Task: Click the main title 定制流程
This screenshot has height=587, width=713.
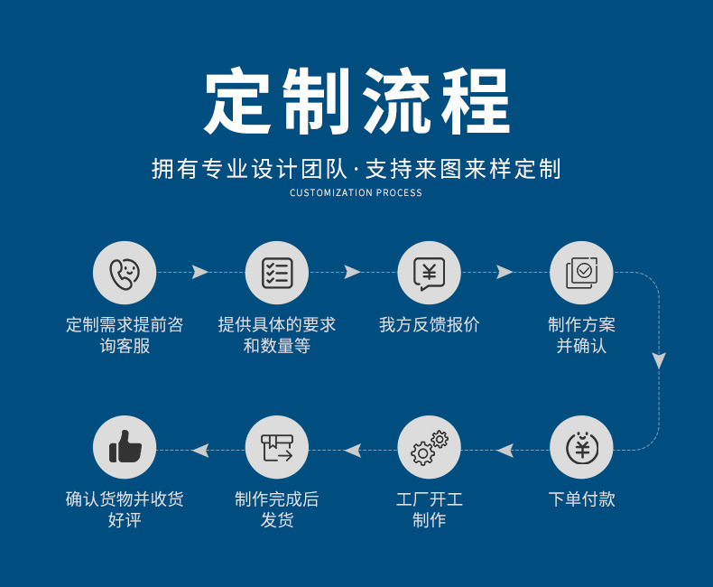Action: (356, 102)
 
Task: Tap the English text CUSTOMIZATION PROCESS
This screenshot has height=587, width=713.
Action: (356, 192)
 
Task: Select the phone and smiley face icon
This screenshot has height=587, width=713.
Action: (125, 273)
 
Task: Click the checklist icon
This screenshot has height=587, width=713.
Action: (277, 273)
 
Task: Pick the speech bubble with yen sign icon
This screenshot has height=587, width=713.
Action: (429, 273)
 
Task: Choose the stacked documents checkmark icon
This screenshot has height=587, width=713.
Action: (581, 273)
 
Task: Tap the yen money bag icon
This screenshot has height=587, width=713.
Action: (581, 447)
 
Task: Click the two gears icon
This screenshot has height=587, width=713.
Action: (429, 447)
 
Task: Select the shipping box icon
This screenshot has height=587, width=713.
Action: (277, 447)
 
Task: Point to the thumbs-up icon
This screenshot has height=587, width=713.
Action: (125, 447)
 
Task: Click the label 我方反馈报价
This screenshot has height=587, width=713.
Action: (429, 325)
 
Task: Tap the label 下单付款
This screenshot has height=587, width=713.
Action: (581, 499)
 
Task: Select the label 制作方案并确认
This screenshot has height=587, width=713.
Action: (581, 335)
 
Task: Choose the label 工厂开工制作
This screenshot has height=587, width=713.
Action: (429, 509)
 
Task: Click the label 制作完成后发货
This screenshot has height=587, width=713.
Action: (277, 509)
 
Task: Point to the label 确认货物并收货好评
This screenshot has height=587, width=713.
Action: (125, 509)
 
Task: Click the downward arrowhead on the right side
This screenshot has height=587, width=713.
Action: (659, 360)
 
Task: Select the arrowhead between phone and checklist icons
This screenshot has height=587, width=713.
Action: (200, 273)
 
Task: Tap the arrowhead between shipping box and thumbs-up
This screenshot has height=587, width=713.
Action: (200, 450)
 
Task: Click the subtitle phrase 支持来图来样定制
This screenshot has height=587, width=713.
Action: (463, 169)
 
